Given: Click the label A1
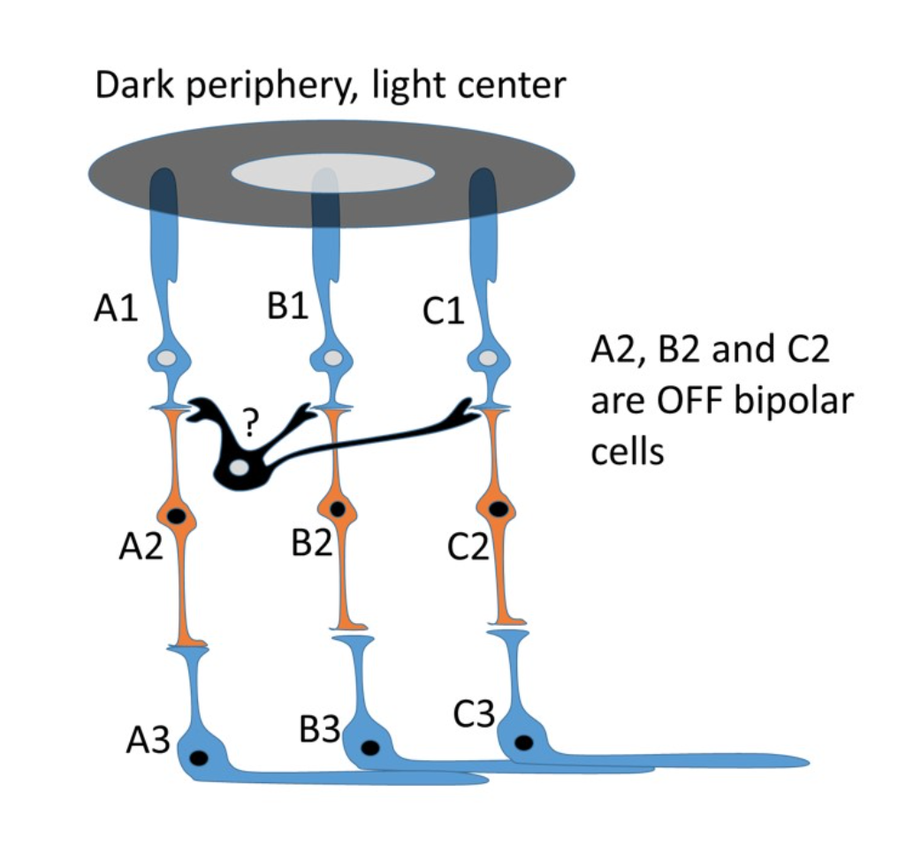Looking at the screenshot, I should coord(116,310).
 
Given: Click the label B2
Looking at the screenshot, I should coord(311,542).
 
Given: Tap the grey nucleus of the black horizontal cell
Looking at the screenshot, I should coord(240,468).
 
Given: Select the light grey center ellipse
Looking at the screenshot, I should coord(333,173).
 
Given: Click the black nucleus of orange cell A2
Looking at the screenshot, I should coord(177,514).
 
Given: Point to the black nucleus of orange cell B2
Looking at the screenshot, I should coord(338,508).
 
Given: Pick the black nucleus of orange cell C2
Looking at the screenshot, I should coord(498,508).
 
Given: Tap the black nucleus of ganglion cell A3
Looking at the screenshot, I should coord(201,757).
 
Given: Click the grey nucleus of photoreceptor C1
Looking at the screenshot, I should coord(487,359).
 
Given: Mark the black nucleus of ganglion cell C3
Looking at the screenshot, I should coord(525,742).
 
